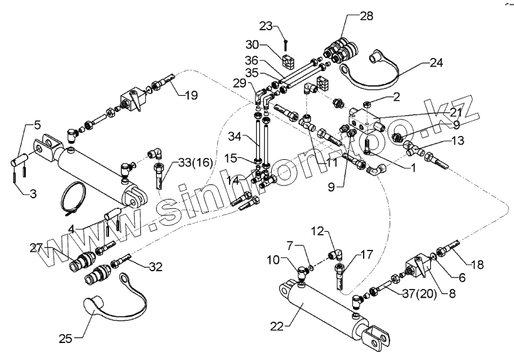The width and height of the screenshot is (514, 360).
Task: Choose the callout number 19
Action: pos(191,96)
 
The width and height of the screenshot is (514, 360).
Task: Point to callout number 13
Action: pos(457,140)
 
